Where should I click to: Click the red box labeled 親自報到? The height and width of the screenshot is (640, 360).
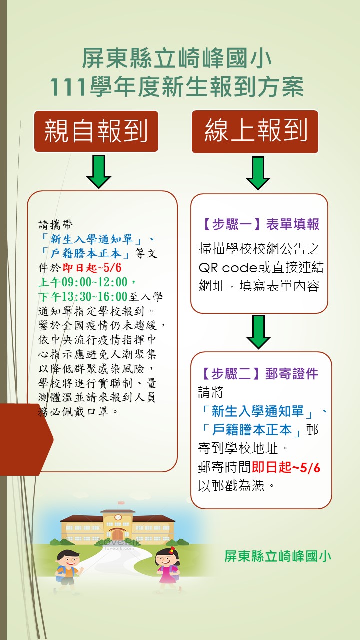tap(96, 131)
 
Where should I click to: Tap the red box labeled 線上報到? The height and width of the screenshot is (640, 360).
tap(255, 131)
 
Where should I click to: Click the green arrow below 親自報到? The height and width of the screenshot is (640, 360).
tap(99, 171)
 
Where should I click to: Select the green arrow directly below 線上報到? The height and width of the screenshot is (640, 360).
tap(258, 173)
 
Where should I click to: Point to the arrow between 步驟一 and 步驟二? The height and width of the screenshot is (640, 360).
tap(258, 332)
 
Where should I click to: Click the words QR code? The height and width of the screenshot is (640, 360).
tap(227, 268)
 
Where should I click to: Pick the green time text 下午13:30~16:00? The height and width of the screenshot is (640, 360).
tap(83, 296)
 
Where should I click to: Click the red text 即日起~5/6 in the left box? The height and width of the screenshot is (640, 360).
tap(92, 268)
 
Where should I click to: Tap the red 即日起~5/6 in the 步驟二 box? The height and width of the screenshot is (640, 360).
tap(286, 467)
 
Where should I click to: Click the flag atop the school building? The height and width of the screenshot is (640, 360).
tap(121, 502)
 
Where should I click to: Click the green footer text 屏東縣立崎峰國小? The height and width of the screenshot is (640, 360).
tap(278, 556)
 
